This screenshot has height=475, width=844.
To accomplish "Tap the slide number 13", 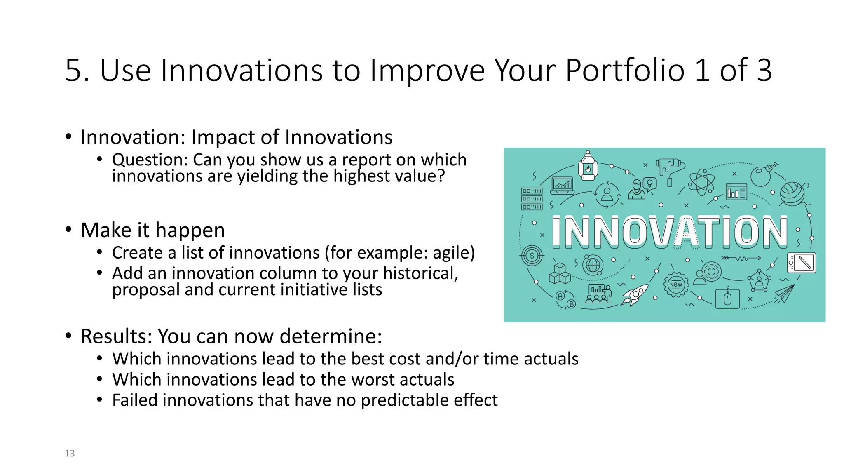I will click(70, 453).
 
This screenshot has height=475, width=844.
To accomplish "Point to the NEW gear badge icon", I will click(676, 285).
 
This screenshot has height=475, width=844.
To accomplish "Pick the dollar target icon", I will click(532, 256).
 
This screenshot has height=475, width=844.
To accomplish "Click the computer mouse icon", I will click(727, 299).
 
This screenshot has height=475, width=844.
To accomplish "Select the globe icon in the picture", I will click(593, 265).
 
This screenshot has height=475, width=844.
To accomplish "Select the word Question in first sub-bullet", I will click(150, 160).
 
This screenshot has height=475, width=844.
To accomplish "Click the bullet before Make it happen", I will click(68, 229).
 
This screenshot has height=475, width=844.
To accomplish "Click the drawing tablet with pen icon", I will click(802, 262).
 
